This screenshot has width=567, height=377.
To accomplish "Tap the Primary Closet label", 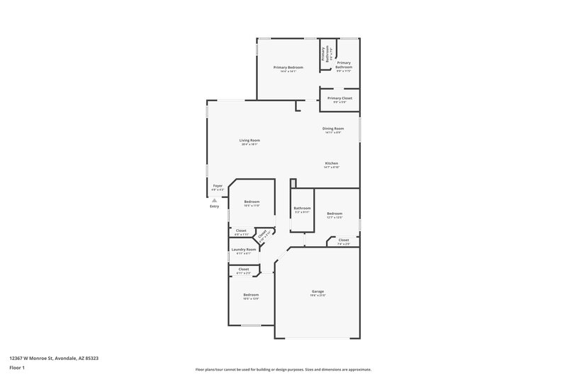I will (339, 98).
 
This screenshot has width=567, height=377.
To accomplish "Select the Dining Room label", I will (333, 129).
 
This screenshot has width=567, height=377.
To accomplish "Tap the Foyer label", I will (218, 186).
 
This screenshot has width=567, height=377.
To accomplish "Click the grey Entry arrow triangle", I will (214, 200).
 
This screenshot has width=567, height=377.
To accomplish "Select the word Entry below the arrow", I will (214, 207).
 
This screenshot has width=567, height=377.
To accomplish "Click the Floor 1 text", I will (18, 369).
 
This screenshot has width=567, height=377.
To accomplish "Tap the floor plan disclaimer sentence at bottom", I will (283, 369).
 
